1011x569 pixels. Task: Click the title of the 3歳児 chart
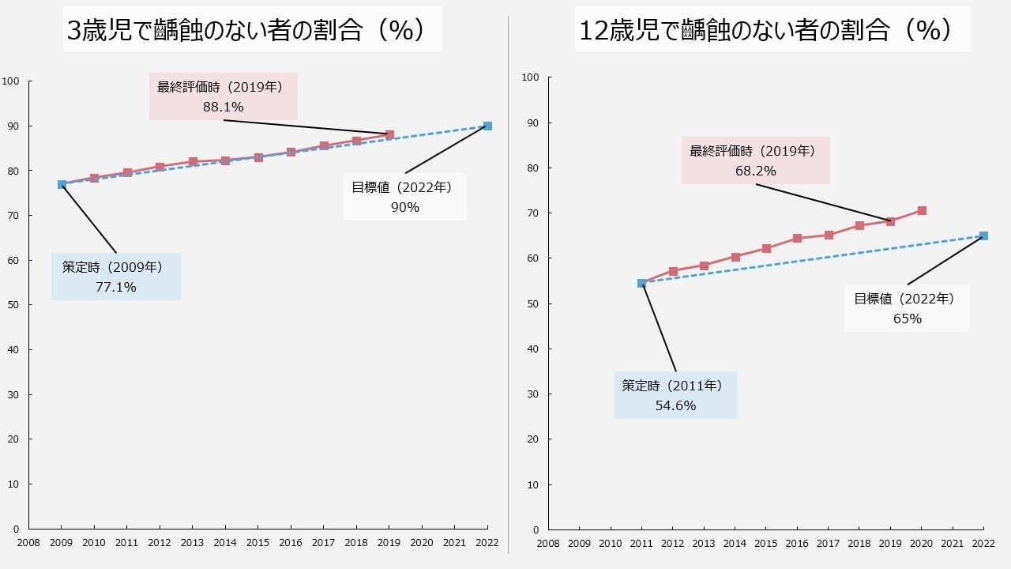pyautogui.click(x=252, y=30)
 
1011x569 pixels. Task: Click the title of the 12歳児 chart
pyautogui.click(x=765, y=30)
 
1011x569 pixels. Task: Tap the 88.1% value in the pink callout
pyautogui.click(x=223, y=107)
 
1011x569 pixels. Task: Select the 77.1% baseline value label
pyautogui.click(x=115, y=287)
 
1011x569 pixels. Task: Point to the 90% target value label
pyautogui.click(x=404, y=207)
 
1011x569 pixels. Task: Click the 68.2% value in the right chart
pyautogui.click(x=755, y=171)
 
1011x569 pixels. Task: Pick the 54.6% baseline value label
pyautogui.click(x=675, y=405)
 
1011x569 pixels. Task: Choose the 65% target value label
pyautogui.click(x=908, y=318)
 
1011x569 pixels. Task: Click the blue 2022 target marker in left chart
pyautogui.click(x=487, y=126)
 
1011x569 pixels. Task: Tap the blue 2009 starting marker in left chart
pyautogui.click(x=62, y=184)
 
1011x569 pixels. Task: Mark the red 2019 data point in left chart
pyautogui.click(x=389, y=134)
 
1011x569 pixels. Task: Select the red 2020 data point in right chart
pyautogui.click(x=922, y=210)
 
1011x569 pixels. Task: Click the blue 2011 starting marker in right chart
pyautogui.click(x=641, y=283)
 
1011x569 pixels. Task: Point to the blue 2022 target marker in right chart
pyautogui.click(x=983, y=236)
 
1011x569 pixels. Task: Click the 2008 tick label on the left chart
pyautogui.click(x=28, y=543)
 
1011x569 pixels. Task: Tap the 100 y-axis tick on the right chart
pyautogui.click(x=530, y=77)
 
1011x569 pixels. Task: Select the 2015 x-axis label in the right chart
pyautogui.click(x=765, y=544)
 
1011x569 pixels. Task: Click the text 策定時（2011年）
pyautogui.click(x=672, y=386)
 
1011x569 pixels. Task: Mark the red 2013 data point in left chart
pyautogui.click(x=193, y=161)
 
